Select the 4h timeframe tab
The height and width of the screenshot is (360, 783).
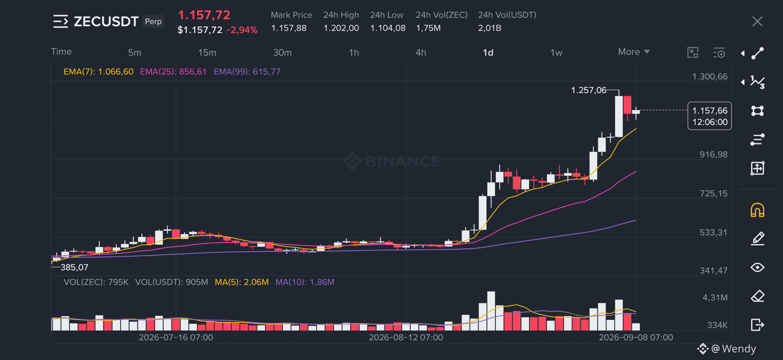pos(421,53)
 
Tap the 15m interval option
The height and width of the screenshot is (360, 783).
pos(207,53)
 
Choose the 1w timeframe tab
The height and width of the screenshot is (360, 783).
pos(556,53)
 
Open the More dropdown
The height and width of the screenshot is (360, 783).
pos(634,52)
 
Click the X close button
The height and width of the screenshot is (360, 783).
pos(757,21)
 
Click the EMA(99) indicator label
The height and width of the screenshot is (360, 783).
pos(247,72)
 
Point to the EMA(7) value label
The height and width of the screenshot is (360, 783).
pos(98,72)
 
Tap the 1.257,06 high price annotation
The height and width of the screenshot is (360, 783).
pos(589,90)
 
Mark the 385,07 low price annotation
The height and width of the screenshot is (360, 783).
pos(74,267)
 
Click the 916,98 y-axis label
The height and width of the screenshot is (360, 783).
pos(713,154)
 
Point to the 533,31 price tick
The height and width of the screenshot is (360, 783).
pos(713,232)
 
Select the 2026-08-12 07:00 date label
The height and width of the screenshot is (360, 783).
pos(406,337)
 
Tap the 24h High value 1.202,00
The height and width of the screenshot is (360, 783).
pos(341,28)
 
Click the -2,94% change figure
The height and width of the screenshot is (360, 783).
pos(242,30)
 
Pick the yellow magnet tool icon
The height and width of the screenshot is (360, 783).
pos(757,210)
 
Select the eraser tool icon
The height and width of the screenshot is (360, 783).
pos(757,296)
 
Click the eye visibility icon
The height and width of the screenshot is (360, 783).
pos(757,267)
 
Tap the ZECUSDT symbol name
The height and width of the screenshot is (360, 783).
pos(106,21)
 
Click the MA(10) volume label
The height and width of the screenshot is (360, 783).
pos(305,282)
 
